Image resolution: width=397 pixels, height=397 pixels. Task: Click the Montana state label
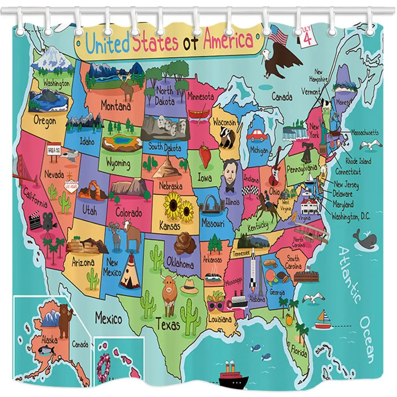pyautogui.click(x=116, y=106)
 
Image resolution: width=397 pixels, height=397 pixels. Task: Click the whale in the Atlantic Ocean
pyautogui.click(x=365, y=239)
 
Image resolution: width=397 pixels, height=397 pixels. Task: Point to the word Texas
pyautogui.click(x=168, y=325)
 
